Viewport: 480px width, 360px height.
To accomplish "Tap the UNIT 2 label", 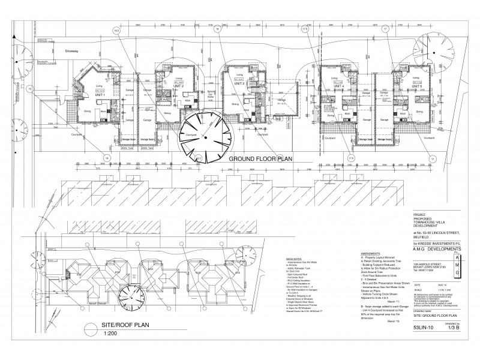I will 178,86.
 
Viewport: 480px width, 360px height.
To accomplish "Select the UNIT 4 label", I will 331,86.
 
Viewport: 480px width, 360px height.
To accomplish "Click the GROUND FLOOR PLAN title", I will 260,160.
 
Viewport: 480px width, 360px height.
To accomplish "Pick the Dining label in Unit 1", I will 88,112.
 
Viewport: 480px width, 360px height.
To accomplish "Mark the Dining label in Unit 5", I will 419,112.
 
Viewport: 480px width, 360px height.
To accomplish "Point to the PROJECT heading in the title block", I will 421,214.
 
